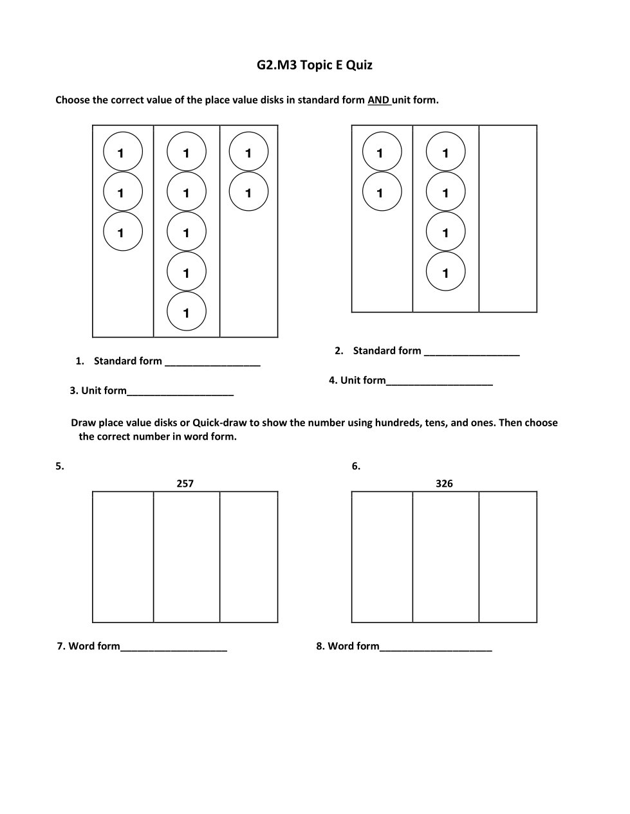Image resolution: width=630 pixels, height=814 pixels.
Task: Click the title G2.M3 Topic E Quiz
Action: (314, 65)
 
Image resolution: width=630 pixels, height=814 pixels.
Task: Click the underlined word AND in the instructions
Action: (378, 100)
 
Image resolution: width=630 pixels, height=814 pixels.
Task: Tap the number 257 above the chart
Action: (185, 484)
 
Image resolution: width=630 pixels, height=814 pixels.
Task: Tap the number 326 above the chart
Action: (444, 484)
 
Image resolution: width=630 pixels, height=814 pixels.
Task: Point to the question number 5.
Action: (59, 467)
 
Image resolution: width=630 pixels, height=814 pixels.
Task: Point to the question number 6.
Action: (356, 467)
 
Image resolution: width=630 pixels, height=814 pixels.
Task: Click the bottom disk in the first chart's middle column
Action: (187, 312)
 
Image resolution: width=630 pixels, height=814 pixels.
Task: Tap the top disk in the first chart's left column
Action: (122, 152)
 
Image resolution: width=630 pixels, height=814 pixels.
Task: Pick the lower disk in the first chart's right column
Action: (248, 192)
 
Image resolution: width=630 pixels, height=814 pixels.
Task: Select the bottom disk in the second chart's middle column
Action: (445, 272)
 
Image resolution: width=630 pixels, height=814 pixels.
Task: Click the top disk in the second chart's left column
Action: (382, 152)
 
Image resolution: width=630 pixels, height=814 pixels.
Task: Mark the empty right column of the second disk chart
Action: (508, 219)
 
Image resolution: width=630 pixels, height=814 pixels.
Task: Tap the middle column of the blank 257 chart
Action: (187, 557)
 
